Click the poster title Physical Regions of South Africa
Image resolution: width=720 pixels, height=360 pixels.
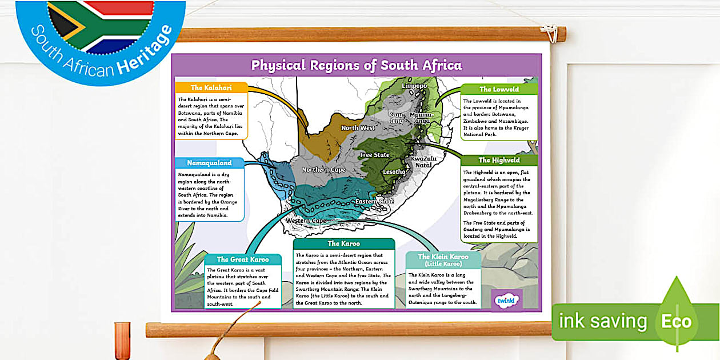point(356,65)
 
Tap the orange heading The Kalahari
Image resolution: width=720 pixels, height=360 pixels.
point(211,87)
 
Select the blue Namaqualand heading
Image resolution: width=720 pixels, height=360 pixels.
point(210,163)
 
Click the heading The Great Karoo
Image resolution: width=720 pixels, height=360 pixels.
point(243,259)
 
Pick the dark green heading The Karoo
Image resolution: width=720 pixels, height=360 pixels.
point(343,243)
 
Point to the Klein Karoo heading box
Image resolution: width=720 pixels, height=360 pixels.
point(443,260)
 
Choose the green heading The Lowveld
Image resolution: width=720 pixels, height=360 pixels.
point(499,89)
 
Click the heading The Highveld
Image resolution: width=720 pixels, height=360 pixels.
point(499,160)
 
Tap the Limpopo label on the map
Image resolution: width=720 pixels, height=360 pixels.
point(414,86)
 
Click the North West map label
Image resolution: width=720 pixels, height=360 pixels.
point(358,128)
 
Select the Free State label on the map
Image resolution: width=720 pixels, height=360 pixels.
point(374,155)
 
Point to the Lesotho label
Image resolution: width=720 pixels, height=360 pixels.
point(394,171)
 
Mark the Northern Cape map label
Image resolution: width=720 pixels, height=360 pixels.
point(323,170)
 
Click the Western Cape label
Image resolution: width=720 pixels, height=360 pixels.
point(306,221)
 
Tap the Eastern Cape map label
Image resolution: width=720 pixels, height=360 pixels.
point(374,202)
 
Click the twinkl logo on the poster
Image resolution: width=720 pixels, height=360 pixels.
point(506,300)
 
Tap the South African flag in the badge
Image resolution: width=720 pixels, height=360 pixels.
point(101,26)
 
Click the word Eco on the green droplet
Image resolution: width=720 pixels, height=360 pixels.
point(676,321)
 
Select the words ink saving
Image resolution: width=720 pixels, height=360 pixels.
point(603,322)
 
